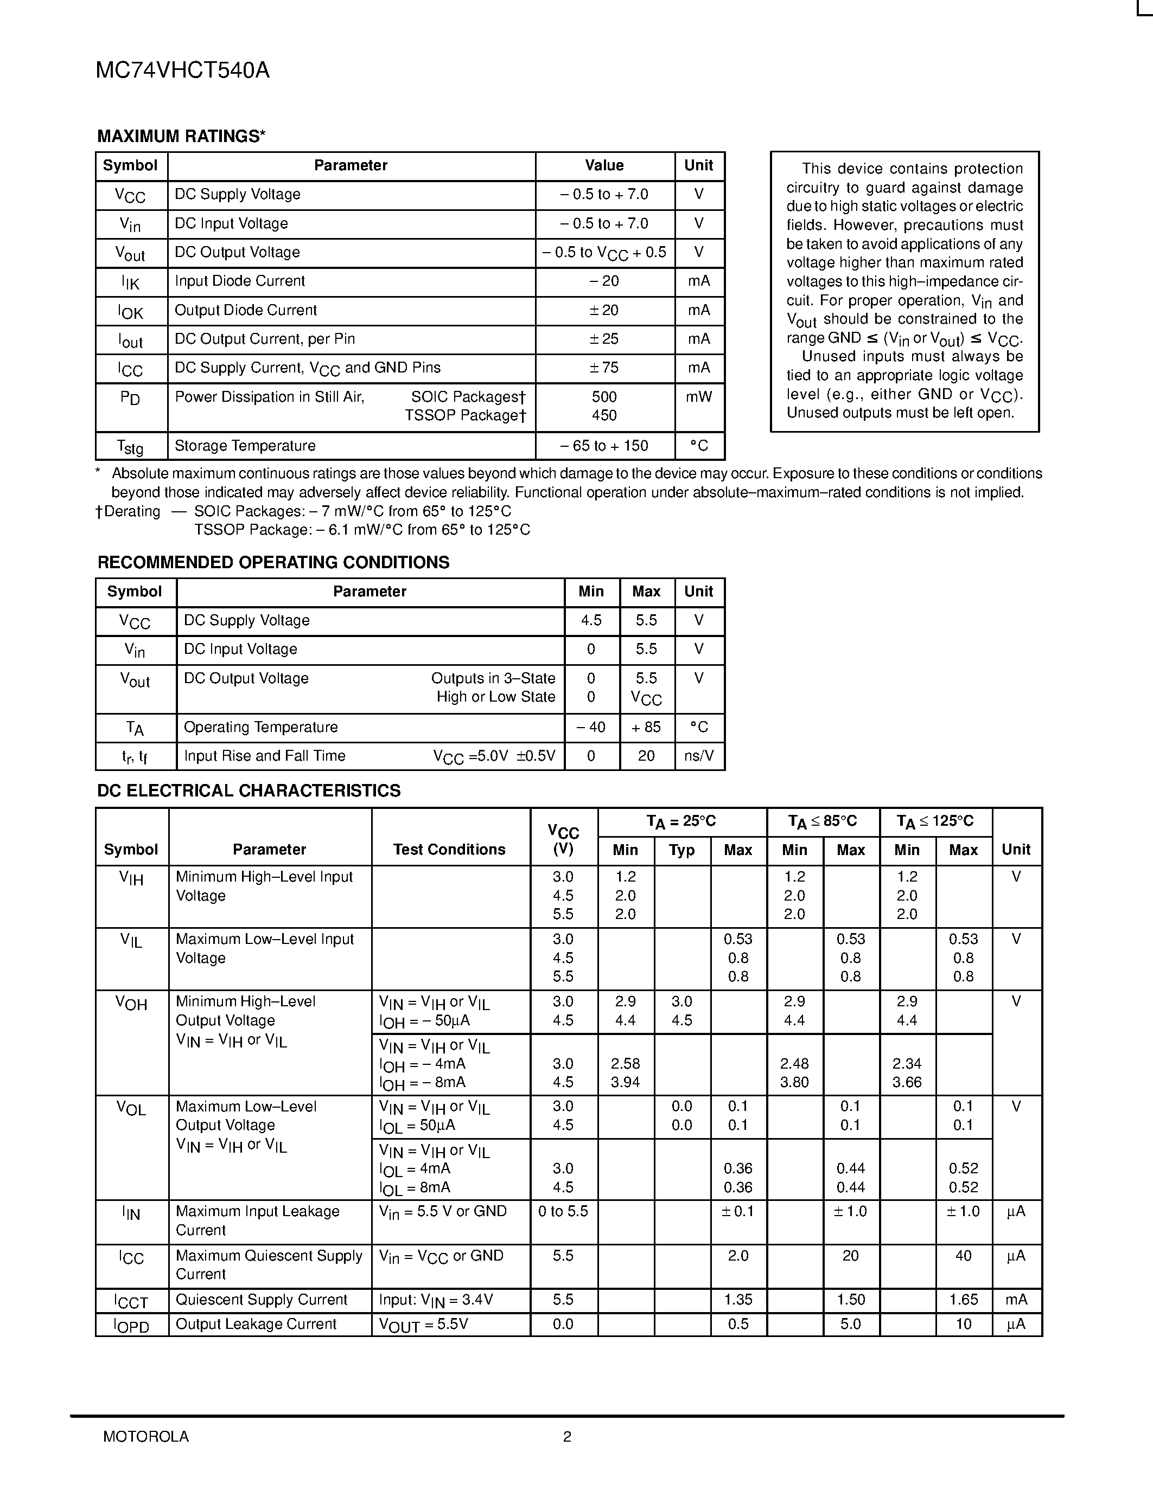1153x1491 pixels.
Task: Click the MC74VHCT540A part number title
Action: [182, 70]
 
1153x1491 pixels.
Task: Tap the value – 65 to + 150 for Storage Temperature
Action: [604, 446]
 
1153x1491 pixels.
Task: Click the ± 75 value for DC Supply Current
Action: [604, 368]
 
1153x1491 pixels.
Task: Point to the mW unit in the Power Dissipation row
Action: [699, 397]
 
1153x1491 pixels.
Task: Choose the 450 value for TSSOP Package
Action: [604, 416]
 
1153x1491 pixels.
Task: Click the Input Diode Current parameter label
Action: [240, 281]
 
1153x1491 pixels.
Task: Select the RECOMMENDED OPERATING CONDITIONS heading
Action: [273, 563]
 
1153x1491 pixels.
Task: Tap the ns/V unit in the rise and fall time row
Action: [699, 756]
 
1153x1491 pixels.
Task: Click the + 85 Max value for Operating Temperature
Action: [646, 727]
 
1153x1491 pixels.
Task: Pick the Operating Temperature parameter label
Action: [261, 727]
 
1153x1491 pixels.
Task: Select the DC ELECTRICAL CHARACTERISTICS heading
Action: [249, 791]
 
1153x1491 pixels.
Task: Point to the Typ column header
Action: [681, 850]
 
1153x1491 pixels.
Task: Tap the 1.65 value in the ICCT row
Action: [963, 1300]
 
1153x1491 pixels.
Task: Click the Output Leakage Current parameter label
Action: [256, 1325]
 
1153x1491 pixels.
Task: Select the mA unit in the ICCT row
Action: [1016, 1300]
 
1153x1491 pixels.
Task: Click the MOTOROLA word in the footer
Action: [145, 1436]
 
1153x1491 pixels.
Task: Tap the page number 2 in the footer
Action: [567, 1436]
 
